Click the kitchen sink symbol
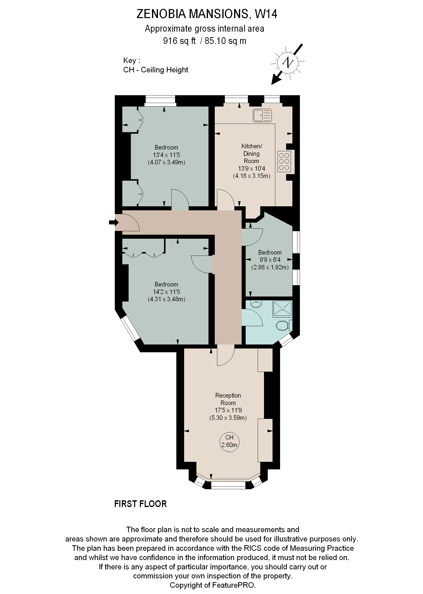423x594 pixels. (262, 115)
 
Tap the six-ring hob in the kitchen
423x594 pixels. (284, 161)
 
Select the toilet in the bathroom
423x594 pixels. (282, 325)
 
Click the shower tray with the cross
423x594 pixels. (282, 309)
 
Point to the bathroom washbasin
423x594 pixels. (256, 304)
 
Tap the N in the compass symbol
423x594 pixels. (288, 63)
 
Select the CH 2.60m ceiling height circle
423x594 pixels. (229, 441)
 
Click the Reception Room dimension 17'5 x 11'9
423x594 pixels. (228, 410)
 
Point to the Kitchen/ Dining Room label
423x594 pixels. (251, 154)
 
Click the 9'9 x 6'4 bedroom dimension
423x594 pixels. (270, 260)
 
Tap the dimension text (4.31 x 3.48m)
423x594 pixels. (167, 299)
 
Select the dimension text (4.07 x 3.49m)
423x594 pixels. (167, 162)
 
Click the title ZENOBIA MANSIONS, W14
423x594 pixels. (207, 14)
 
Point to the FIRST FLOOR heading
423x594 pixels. (140, 504)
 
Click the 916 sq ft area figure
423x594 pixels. (179, 41)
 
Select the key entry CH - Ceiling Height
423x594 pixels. (155, 70)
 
